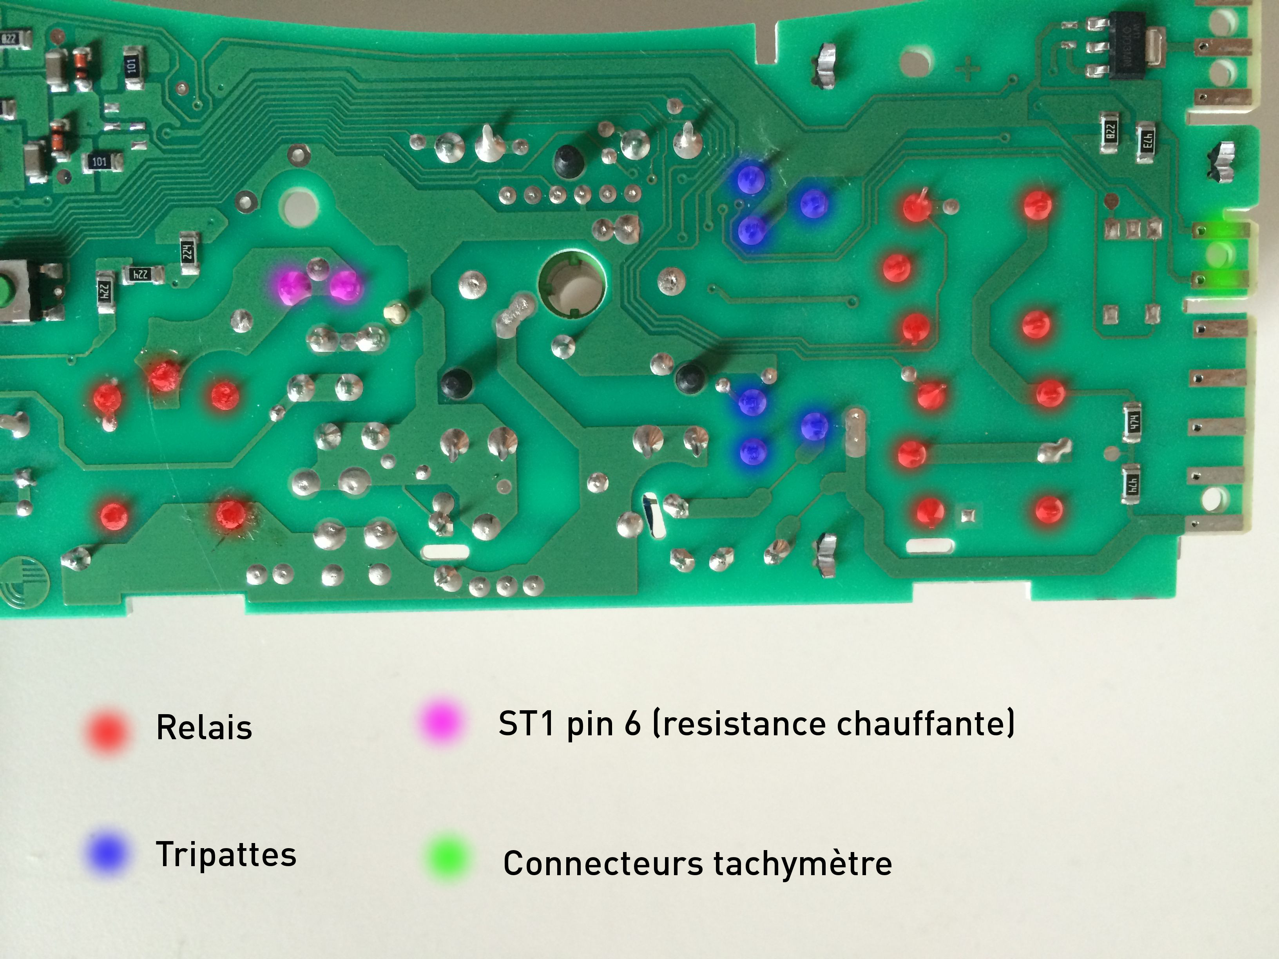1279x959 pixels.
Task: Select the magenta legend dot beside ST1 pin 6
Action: [x=440, y=722]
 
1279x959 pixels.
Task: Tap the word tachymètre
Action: [x=803, y=863]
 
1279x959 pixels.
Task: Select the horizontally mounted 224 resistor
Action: [x=141, y=275]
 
